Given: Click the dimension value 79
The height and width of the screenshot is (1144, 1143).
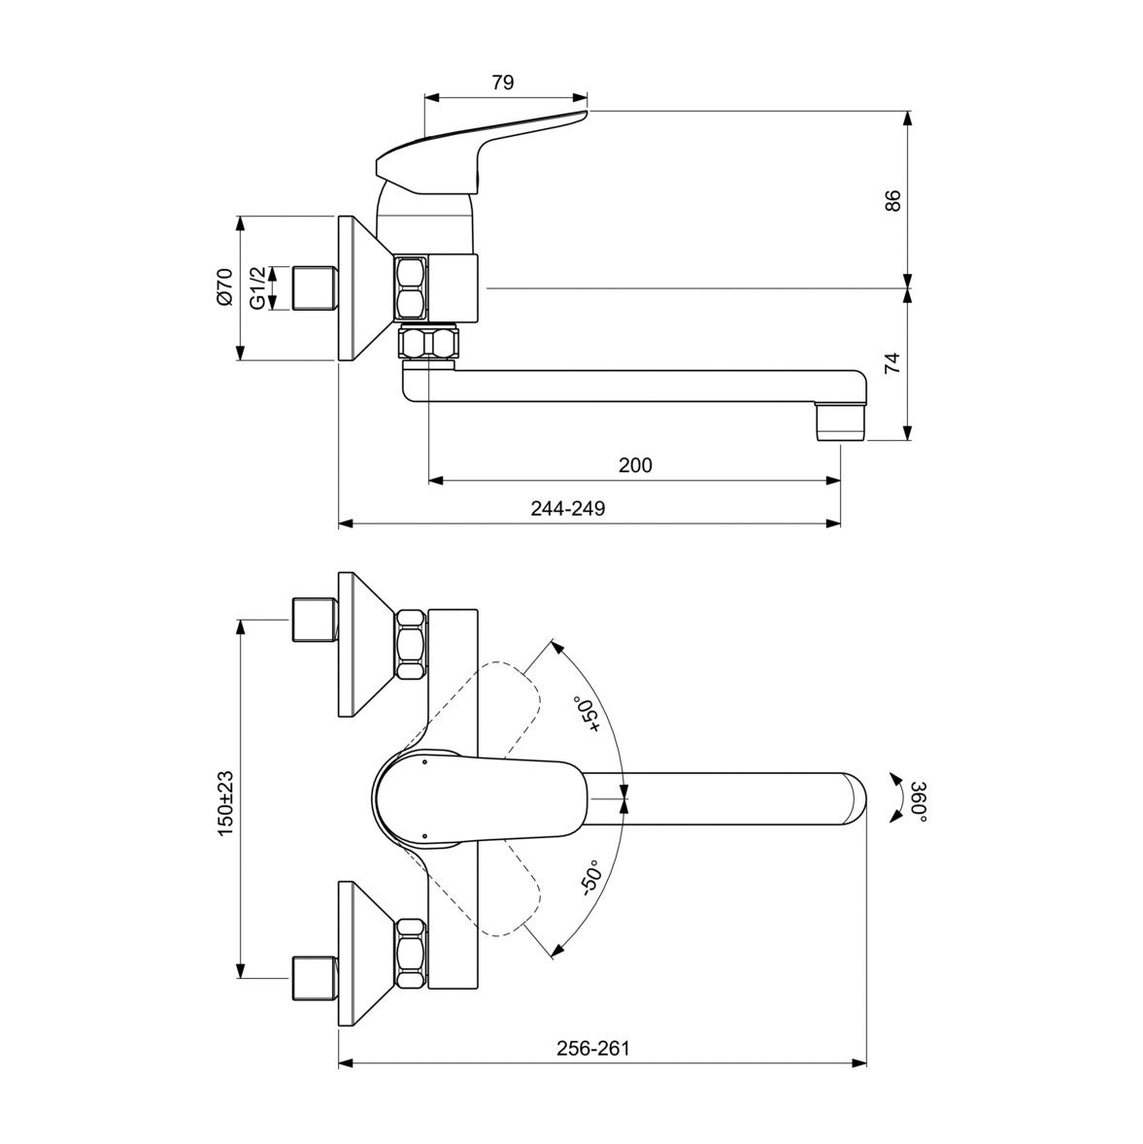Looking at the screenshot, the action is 503,83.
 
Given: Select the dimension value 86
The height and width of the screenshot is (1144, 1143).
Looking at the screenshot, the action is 892,200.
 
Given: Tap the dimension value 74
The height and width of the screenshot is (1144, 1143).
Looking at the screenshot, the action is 892,362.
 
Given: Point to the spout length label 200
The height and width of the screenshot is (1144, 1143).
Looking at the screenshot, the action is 635,465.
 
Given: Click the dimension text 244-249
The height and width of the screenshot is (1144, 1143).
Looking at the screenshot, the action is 568,508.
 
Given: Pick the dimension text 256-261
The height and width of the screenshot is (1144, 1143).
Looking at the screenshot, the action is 592,1049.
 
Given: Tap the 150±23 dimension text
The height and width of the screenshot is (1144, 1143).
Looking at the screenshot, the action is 225,803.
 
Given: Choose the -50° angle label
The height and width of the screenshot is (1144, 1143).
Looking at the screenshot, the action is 589,877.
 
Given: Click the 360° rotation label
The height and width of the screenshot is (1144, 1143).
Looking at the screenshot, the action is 919,801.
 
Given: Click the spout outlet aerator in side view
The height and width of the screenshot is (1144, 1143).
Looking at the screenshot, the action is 840,423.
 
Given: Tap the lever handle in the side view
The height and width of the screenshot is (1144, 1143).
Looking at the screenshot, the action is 482,152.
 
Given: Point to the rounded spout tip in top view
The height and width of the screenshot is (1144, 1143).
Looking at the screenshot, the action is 855,799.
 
